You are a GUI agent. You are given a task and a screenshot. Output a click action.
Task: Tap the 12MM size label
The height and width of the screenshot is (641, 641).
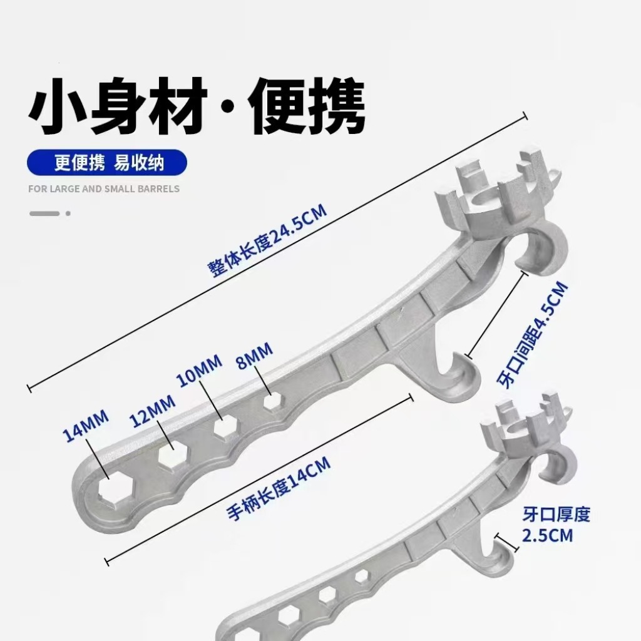pos(153,409)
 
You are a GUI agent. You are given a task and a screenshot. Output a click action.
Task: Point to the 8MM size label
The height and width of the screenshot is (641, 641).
pos(254,359)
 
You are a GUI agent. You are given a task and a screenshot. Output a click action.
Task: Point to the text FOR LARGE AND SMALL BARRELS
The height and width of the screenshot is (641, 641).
pos(104,188)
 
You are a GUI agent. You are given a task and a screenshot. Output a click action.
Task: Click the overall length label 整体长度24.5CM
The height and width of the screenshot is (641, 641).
pos(267,238)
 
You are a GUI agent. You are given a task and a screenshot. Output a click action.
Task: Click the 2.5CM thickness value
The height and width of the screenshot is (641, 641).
pos(548,536)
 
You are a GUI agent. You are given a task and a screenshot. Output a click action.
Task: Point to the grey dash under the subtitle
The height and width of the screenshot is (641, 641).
pos(44,213)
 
